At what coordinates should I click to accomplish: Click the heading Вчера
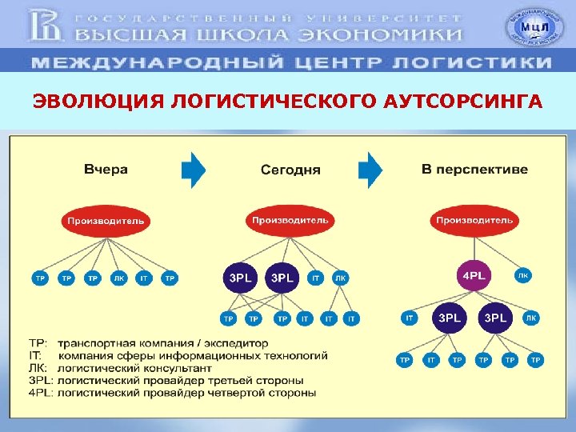[x=106, y=170]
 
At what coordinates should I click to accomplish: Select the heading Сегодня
[x=290, y=170]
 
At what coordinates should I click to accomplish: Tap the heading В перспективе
[x=474, y=170]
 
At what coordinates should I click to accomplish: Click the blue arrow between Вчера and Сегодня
[x=194, y=170]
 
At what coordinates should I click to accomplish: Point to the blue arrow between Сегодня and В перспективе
[x=370, y=170]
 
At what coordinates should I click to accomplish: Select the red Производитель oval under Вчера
[x=106, y=220]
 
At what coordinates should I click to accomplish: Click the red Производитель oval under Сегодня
[x=290, y=219]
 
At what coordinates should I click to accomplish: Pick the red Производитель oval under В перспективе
[x=474, y=219]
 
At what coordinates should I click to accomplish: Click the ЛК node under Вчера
[x=118, y=278]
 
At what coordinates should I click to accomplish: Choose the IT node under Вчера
[x=143, y=278]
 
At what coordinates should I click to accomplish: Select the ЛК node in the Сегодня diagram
[x=341, y=278]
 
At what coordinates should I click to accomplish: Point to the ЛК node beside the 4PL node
[x=523, y=275]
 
